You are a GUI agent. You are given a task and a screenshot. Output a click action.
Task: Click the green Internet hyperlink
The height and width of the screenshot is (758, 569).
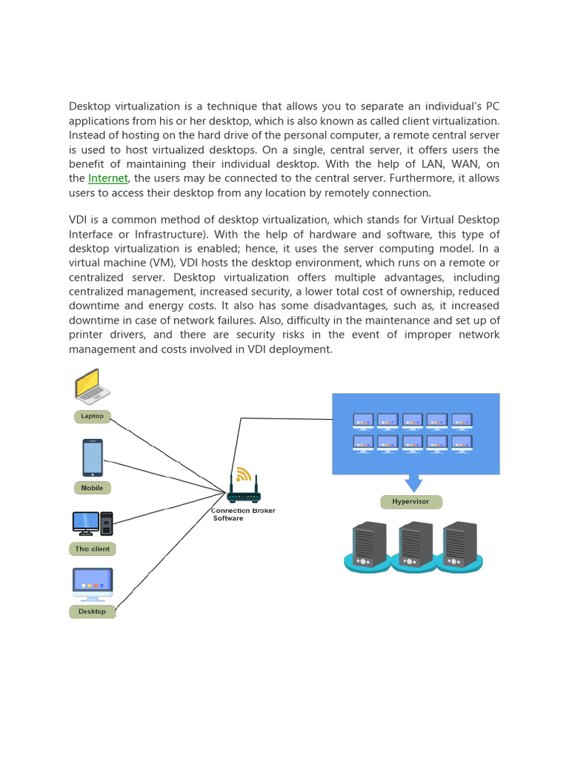108,178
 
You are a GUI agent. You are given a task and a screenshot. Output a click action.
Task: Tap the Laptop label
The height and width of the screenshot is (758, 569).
93,416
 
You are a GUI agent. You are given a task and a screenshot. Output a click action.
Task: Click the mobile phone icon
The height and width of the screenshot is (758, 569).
93,457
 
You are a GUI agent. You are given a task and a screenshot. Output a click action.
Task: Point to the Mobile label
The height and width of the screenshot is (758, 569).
93,488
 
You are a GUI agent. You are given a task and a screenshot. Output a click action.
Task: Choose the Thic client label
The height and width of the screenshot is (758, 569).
93,549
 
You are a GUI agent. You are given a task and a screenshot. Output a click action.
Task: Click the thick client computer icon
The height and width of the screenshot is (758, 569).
93,523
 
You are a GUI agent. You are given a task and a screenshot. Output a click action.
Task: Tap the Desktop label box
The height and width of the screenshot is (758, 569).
93,611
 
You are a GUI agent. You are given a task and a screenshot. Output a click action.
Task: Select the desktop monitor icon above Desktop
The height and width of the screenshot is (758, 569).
93,584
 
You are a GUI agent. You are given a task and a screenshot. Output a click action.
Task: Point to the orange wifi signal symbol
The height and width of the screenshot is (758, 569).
243,474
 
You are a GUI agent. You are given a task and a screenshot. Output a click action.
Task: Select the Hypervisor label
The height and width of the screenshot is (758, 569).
411,502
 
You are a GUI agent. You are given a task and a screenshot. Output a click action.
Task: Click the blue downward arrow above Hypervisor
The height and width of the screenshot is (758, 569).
413,483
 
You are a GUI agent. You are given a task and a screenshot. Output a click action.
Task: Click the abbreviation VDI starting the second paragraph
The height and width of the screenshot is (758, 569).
79,221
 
